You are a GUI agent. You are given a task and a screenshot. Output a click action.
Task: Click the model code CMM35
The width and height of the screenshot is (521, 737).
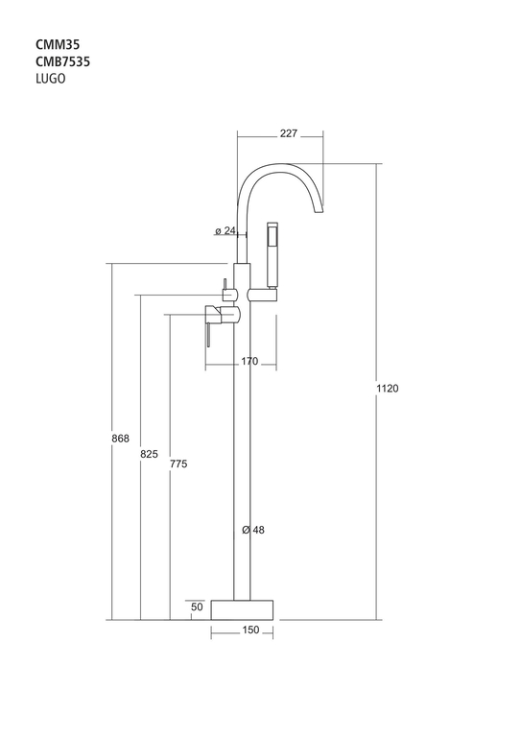tap(58, 45)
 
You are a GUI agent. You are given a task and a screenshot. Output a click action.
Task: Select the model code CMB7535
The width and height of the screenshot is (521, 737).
tap(63, 61)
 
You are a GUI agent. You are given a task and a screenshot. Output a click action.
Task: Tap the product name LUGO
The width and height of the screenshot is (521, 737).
tap(51, 79)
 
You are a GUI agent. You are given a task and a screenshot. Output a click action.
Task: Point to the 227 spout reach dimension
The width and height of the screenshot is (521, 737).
tap(289, 133)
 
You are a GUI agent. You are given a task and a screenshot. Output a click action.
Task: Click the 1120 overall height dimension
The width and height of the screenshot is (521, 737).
tap(387, 389)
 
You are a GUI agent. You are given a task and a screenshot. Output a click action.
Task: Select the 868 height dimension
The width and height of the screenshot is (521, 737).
tap(120, 439)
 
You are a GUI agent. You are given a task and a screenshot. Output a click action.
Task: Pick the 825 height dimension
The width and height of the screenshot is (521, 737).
tap(150, 454)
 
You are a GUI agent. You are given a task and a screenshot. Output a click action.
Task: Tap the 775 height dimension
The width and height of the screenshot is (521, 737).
tap(178, 464)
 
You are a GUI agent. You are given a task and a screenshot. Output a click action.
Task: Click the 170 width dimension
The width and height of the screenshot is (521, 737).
tap(249, 361)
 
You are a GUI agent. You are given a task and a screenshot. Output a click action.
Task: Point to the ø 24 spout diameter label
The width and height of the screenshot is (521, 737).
tap(225, 230)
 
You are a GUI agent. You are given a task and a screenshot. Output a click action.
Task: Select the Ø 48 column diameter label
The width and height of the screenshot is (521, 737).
tap(253, 530)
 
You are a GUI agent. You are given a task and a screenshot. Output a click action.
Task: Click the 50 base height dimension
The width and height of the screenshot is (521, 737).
tap(198, 606)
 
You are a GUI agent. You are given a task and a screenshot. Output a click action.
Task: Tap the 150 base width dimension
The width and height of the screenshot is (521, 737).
tap(250, 630)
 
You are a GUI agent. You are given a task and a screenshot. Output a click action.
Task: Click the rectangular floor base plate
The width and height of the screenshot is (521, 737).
tap(242, 609)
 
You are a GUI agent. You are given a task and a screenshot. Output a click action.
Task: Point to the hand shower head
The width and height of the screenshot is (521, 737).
tap(272, 254)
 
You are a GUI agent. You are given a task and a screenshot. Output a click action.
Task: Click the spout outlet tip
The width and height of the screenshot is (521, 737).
tap(319, 209)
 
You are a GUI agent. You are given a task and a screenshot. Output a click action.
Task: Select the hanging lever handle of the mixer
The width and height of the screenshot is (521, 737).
tap(207, 335)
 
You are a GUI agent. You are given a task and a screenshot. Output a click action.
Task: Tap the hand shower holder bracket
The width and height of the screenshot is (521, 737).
tap(262, 296)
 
